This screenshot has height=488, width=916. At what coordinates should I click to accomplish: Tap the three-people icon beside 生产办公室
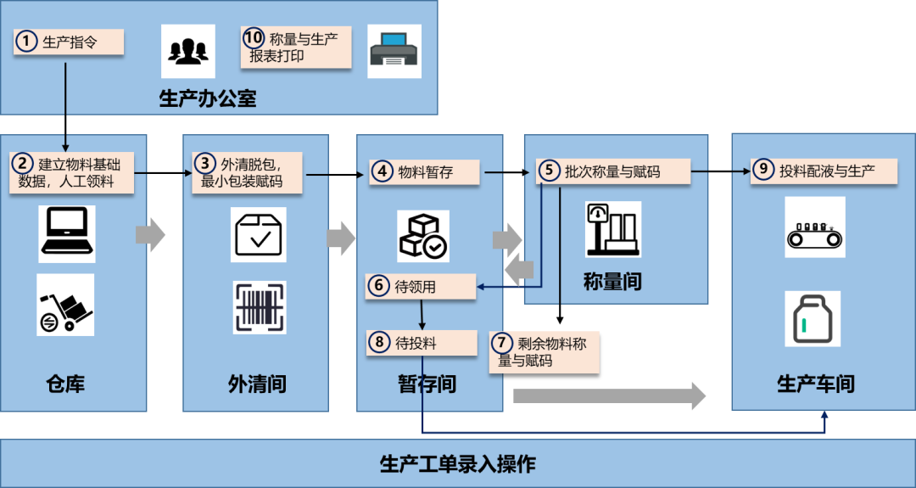188,51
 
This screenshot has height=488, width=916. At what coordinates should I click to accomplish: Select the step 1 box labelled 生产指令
69,42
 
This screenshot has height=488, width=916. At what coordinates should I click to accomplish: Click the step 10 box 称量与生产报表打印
296,48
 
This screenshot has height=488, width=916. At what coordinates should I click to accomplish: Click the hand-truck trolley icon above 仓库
66,305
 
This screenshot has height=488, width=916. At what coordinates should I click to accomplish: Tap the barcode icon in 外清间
260,307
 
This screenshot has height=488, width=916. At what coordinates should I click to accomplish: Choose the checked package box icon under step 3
260,235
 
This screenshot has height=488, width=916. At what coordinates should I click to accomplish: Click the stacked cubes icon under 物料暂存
422,235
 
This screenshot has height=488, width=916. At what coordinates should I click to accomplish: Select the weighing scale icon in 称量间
612,229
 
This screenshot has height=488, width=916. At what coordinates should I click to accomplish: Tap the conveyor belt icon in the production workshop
815,227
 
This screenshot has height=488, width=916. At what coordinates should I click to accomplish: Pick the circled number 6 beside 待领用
379,287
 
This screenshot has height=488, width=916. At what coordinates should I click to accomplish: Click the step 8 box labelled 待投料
422,343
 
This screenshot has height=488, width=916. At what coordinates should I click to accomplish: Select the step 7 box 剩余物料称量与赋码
545,351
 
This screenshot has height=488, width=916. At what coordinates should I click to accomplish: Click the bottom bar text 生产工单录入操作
457,464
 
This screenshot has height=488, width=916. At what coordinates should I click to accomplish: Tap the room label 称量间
612,282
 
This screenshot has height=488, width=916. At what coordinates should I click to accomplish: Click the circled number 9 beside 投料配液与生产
763,170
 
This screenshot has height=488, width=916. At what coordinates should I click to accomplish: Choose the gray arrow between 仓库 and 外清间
151,235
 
